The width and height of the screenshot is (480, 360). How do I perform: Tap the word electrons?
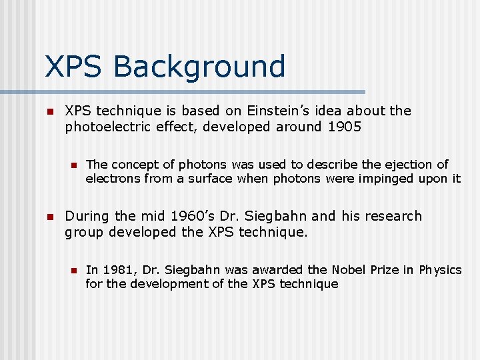point(111,179)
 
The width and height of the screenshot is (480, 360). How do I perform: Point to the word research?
point(391,216)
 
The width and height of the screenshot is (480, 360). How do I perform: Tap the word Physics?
point(440,269)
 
